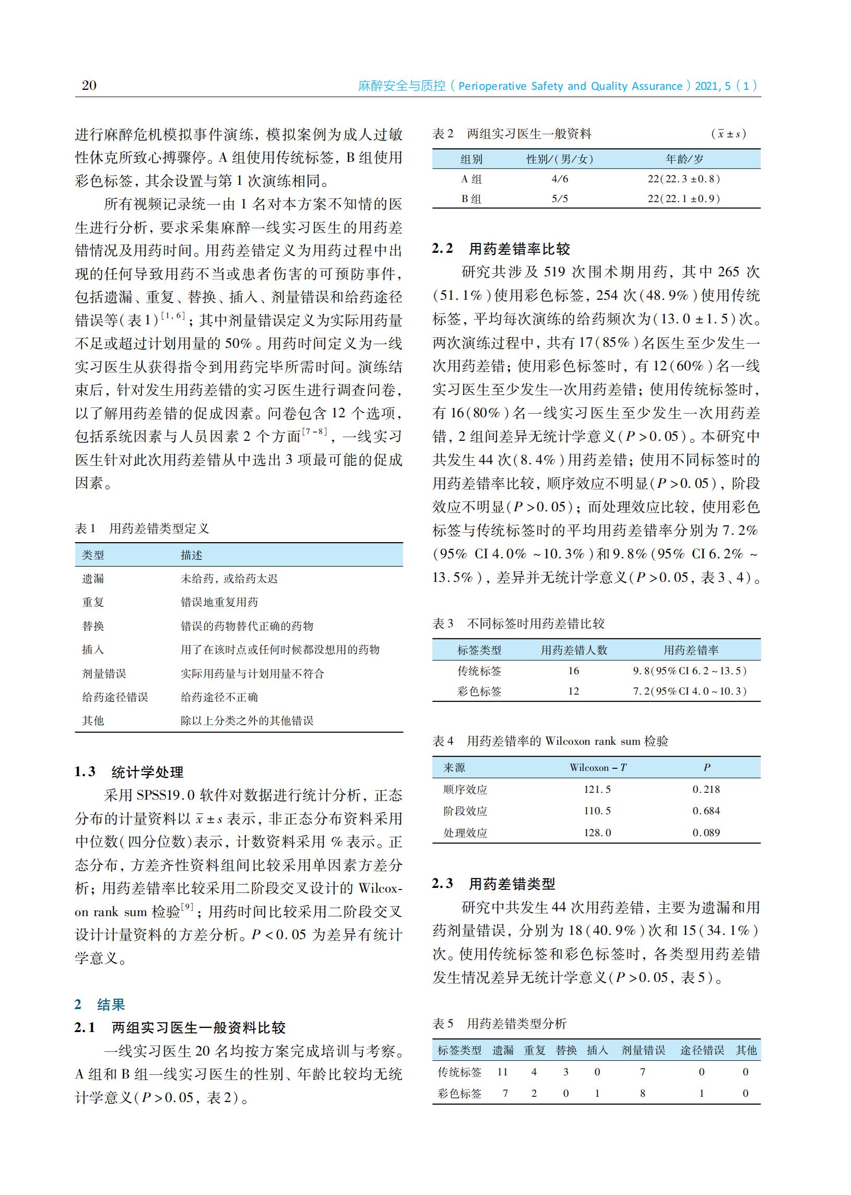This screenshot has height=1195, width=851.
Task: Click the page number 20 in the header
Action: coord(89,86)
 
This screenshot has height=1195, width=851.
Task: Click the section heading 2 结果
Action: coord(100,1004)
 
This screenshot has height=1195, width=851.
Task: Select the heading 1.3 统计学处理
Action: coord(129,771)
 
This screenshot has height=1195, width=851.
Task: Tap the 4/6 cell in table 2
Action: coord(560,179)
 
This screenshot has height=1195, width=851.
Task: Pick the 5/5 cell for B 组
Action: coord(560,198)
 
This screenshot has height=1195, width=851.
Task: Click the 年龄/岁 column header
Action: coord(684,159)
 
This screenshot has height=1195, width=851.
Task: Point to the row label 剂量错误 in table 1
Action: coord(104,674)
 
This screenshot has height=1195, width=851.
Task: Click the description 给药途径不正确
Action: coord(219,697)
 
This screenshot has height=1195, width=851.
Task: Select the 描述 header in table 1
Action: coord(191,555)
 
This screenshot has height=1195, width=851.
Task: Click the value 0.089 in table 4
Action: coord(706,833)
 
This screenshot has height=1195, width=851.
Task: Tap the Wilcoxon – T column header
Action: coord(598,768)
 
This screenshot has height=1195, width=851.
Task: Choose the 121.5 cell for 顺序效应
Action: coord(597,789)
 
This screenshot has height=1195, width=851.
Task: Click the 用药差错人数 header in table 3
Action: coord(574,650)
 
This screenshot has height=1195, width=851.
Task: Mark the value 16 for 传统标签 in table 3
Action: coord(574,671)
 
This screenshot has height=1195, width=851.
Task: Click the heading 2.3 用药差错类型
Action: coord(493,884)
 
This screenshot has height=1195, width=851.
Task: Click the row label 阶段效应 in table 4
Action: coord(465,811)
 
